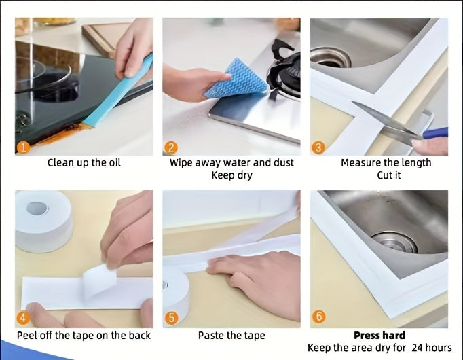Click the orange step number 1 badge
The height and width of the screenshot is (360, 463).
[24, 147]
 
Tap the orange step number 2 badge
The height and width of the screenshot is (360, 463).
[170, 147]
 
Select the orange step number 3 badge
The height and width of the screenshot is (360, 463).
[318, 147]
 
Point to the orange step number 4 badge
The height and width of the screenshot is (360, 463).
[23, 318]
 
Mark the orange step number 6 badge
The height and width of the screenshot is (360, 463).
[318, 317]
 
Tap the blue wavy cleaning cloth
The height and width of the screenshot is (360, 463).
[236, 79]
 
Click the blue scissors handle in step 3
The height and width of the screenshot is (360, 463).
[435, 132]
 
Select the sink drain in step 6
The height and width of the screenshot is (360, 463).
[394, 242]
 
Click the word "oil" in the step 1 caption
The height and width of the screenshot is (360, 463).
[115, 162]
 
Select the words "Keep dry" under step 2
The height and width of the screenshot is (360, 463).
[231, 175]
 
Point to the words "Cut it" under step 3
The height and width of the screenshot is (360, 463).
[388, 175]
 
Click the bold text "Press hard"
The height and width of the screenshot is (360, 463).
[379, 335]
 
